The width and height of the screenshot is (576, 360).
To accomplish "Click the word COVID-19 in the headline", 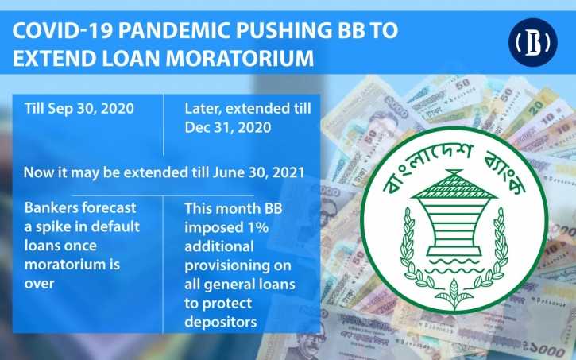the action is coord(63,31).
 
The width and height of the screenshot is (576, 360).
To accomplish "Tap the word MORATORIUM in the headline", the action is coord(240,58).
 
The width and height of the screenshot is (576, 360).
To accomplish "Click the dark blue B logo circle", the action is coord(532,42).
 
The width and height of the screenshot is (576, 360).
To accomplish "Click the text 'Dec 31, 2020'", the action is coord(228,127).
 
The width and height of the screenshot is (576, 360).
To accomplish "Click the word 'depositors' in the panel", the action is coord(220,322).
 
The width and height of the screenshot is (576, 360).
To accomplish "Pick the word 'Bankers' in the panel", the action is coord(51,207).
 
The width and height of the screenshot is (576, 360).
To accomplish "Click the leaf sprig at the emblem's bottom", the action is coord(454,293).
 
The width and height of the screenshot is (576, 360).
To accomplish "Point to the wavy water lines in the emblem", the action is coord(454,266).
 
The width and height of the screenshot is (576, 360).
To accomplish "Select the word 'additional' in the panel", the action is coord(219,246).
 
